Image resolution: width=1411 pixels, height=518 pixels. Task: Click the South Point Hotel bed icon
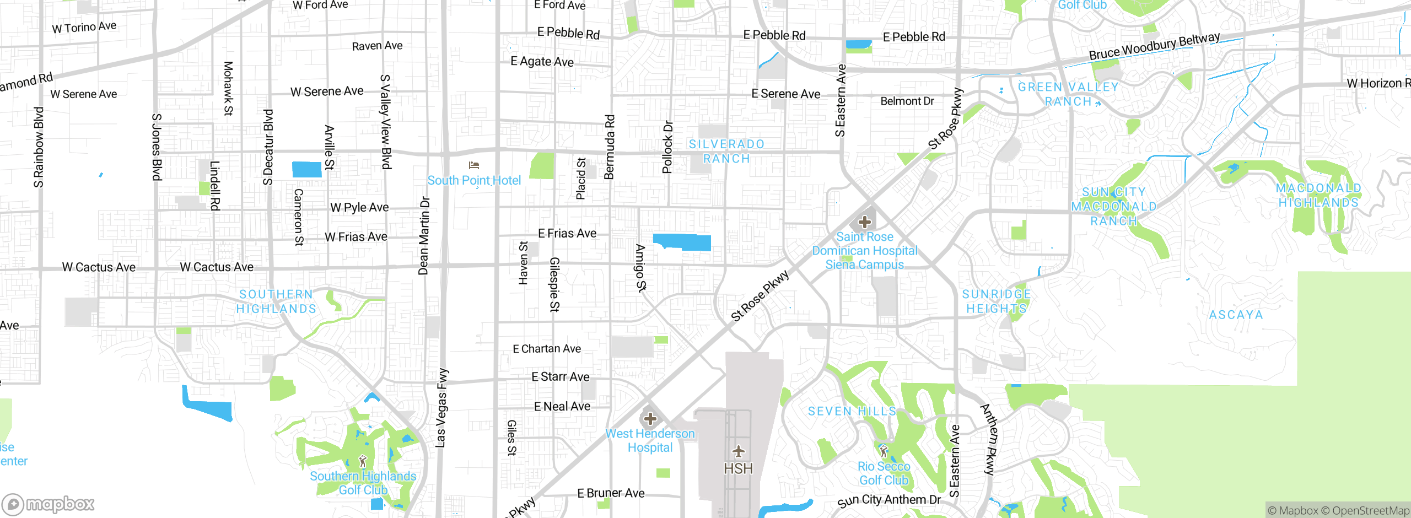[x=473, y=165]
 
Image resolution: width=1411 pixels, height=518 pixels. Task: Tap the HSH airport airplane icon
[x=738, y=452]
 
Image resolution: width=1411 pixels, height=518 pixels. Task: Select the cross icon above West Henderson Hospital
[x=650, y=419]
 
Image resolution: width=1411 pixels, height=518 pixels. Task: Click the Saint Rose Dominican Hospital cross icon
[x=864, y=222]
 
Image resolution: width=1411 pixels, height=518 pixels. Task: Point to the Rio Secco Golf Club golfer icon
[x=884, y=451]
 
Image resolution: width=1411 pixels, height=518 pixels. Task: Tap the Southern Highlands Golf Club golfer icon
[x=363, y=461]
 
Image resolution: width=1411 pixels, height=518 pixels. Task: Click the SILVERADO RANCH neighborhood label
[x=726, y=152]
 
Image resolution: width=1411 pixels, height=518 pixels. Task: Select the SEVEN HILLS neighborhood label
[x=852, y=411]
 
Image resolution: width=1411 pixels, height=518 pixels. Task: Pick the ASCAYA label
[x=1236, y=315]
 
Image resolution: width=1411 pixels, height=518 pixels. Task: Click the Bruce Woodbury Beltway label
[x=1154, y=47]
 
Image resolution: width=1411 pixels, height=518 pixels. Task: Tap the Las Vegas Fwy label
[x=441, y=408]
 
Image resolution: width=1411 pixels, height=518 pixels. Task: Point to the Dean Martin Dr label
[x=423, y=235]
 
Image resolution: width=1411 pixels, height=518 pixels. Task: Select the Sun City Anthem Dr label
[x=888, y=500]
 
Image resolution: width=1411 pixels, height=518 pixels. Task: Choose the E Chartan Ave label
[x=547, y=349]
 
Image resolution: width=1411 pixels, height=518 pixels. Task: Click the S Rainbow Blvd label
[x=38, y=148]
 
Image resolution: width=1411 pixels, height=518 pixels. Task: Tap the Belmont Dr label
[x=907, y=101]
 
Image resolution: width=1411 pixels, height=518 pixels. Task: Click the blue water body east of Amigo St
[x=682, y=242]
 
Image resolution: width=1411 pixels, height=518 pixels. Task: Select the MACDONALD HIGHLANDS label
[x=1318, y=196]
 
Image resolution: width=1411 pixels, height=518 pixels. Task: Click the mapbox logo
[x=49, y=504]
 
